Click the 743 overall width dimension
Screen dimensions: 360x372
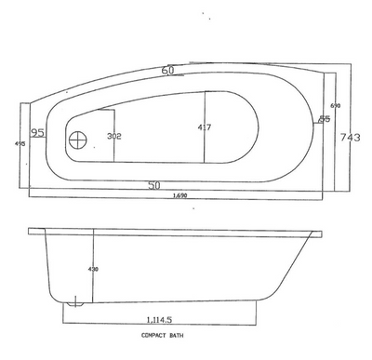(350, 138)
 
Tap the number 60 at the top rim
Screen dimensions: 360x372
(168, 71)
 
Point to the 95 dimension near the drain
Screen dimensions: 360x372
(38, 133)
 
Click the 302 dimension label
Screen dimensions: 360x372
(114, 137)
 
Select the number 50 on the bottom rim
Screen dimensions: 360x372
(155, 185)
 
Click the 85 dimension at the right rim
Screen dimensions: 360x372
(324, 118)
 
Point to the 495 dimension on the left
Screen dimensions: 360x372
(19, 144)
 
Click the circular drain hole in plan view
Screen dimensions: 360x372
(77, 141)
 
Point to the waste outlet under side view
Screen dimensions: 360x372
(75, 302)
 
